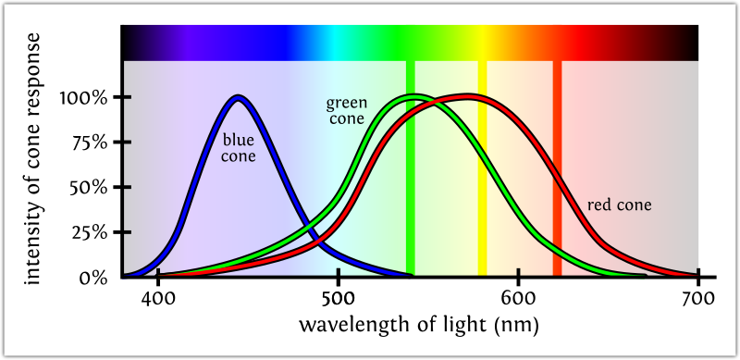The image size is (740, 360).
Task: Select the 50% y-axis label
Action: pyautogui.click(x=91, y=187)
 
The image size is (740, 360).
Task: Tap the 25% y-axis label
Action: pyautogui.click(x=91, y=232)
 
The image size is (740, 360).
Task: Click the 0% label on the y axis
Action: pyautogui.click(x=96, y=277)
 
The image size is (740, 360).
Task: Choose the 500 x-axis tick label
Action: pyautogui.click(x=339, y=298)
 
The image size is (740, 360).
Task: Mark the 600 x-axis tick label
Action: pyautogui.click(x=518, y=298)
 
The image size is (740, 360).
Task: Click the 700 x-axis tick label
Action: pyautogui.click(x=697, y=298)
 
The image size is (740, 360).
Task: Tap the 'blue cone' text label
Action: pyautogui.click(x=239, y=148)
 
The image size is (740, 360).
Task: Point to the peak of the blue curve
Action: pyautogui.click(x=239, y=97)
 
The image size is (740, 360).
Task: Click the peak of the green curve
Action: pyautogui.click(x=415, y=96)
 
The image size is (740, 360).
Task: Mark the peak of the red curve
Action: pyautogui.click(x=467, y=96)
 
